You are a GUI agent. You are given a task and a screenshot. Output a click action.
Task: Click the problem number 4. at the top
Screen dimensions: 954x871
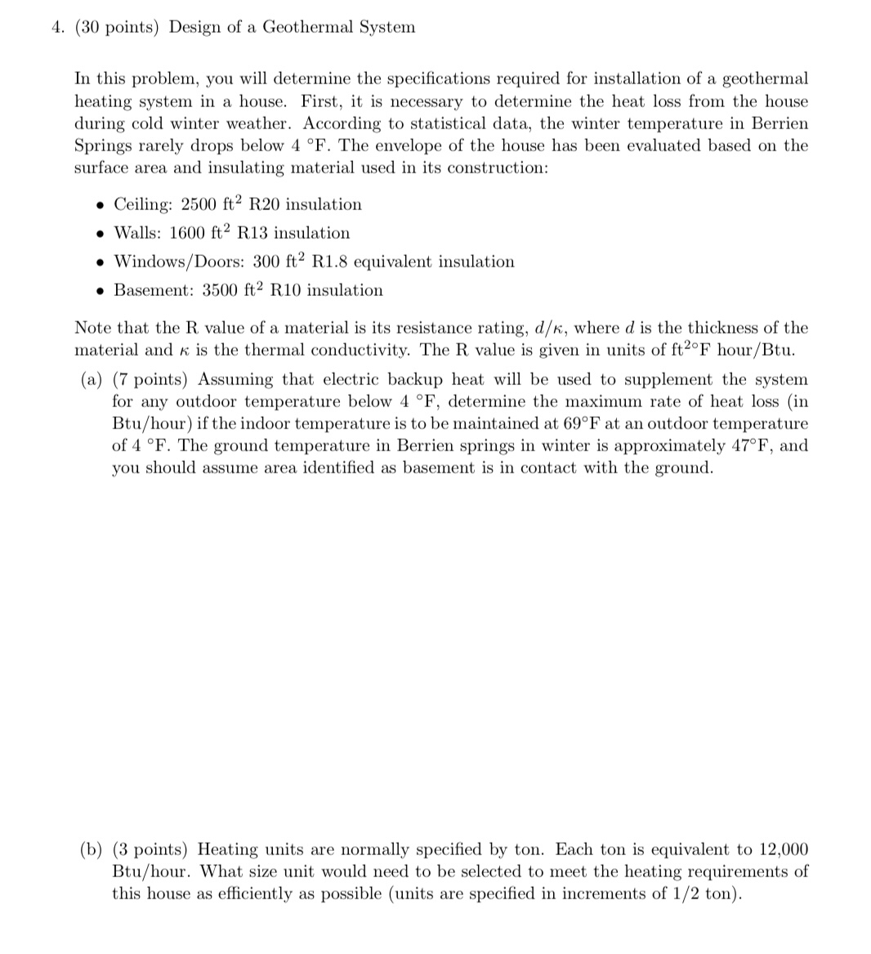[x=57, y=28]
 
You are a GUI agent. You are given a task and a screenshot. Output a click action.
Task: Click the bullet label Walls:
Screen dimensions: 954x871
[x=138, y=233]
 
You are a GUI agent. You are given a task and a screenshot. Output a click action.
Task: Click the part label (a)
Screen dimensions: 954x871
[x=92, y=379]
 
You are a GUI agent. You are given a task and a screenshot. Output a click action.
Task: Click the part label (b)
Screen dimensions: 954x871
[x=92, y=849]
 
